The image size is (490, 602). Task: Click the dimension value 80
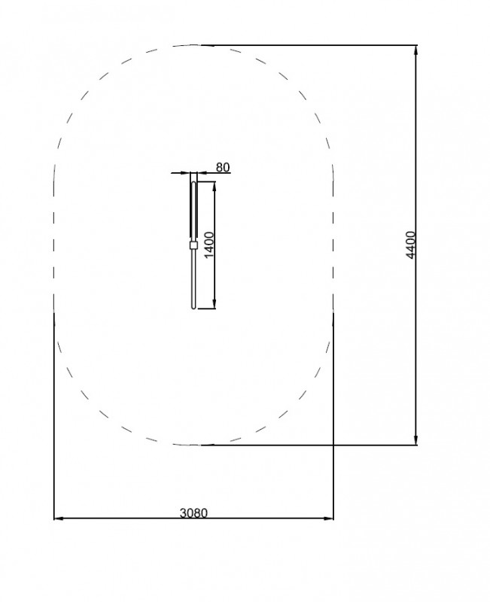click(x=223, y=167)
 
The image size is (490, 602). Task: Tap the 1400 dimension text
click(x=209, y=245)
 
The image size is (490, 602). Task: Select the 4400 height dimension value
click(x=411, y=245)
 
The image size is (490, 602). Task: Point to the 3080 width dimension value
click(x=193, y=513)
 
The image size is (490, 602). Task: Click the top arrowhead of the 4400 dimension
click(x=416, y=50)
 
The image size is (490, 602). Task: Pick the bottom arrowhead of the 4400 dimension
click(x=416, y=440)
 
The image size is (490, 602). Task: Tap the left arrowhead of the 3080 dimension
click(x=59, y=518)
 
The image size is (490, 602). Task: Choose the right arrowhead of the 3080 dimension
click(x=328, y=518)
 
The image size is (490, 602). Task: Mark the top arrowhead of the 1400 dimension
click(x=215, y=186)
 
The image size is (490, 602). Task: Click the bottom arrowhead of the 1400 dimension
click(x=215, y=304)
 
